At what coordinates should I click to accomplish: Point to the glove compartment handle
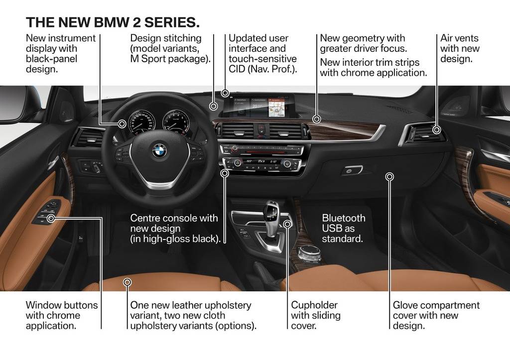click(x=352, y=170)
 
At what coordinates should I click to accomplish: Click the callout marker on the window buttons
click(x=51, y=218)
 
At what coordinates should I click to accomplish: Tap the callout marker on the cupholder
click(x=287, y=224)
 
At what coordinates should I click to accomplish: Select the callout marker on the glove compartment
click(x=389, y=176)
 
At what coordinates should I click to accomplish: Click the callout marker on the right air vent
click(x=436, y=130)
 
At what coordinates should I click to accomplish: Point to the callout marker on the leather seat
click(x=127, y=282)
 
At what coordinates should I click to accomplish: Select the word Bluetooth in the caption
click(x=344, y=218)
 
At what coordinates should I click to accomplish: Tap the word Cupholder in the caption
click(x=314, y=305)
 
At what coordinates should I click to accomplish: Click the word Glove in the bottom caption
click(x=405, y=305)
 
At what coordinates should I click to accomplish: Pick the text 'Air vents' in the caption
click(x=459, y=38)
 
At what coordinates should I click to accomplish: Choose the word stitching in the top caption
click(x=183, y=38)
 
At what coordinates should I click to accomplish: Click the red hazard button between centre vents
click(x=261, y=130)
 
